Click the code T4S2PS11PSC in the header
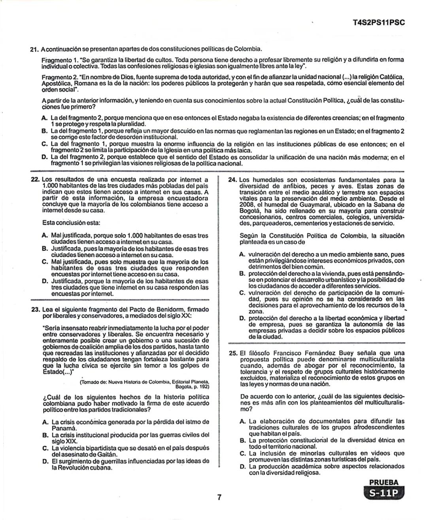(x=378, y=23)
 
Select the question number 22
(x=34, y=180)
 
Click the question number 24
(x=233, y=180)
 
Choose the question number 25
(x=233, y=353)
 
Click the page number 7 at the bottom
(x=219, y=497)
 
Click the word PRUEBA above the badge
(x=384, y=482)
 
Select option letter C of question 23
(x=45, y=448)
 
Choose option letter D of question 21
(x=44, y=157)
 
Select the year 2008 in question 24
(x=246, y=205)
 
